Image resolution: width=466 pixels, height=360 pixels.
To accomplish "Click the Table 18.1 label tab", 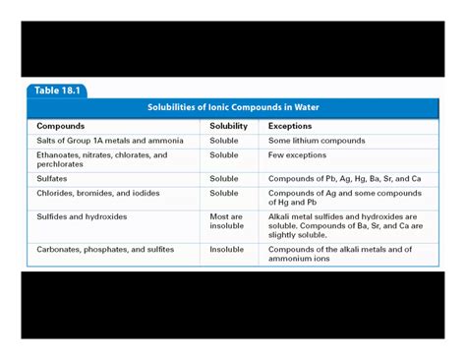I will [x=56, y=90].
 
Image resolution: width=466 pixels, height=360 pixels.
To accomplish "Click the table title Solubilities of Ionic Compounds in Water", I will [x=233, y=107].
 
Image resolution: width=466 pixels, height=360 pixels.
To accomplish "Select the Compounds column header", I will [x=60, y=126].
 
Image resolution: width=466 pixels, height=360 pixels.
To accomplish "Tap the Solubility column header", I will [x=228, y=126].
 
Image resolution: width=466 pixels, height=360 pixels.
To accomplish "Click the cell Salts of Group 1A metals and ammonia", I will [x=109, y=141].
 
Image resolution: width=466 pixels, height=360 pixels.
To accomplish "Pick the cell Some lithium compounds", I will [x=316, y=141].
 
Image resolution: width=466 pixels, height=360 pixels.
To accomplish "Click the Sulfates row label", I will [x=52, y=179].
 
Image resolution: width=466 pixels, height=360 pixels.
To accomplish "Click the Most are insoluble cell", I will [x=226, y=221].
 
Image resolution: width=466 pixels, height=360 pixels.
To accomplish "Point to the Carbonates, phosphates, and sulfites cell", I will [x=105, y=250].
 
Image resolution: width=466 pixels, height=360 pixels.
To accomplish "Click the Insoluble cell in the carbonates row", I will [x=226, y=250].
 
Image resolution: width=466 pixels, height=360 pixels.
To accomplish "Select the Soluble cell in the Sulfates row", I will [x=224, y=179].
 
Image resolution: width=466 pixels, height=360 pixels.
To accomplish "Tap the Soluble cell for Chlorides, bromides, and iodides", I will [x=224, y=193].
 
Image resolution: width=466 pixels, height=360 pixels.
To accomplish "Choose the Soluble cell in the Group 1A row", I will [x=224, y=141].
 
